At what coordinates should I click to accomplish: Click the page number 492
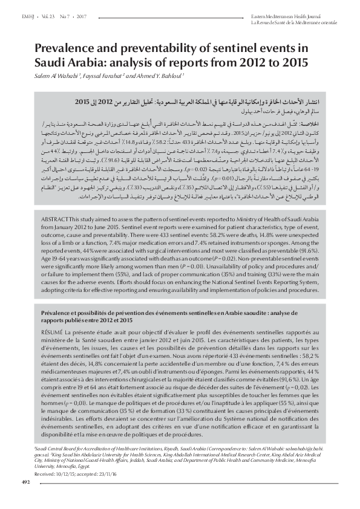pyautogui.click(x=25, y=482)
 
